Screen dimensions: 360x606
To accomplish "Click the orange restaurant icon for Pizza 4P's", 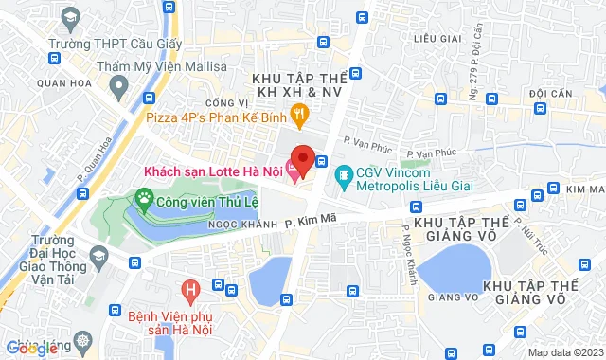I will point(300,117).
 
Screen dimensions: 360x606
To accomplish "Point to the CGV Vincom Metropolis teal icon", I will point(344,174).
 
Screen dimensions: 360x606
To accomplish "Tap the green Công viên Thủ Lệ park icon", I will point(144,200).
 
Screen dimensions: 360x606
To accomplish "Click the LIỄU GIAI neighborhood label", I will point(437,38).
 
